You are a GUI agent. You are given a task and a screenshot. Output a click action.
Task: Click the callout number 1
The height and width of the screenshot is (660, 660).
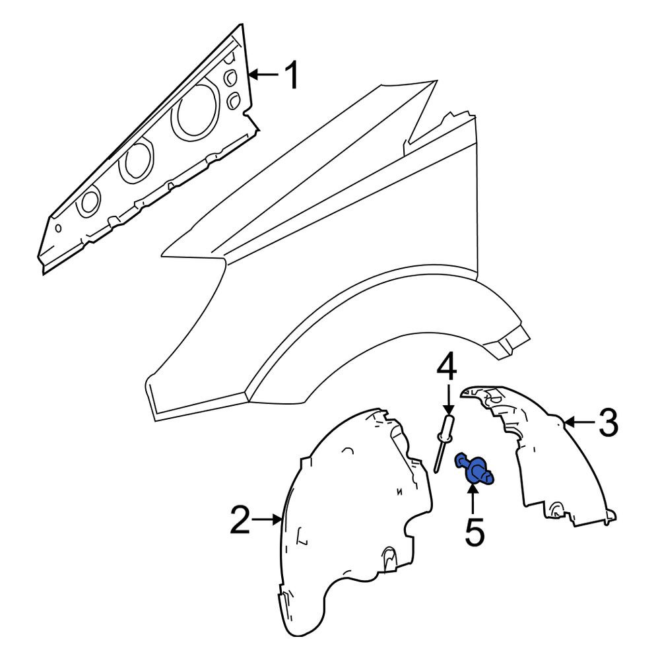(x=291, y=75)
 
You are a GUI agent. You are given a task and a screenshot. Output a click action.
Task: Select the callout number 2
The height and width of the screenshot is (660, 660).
(x=240, y=520)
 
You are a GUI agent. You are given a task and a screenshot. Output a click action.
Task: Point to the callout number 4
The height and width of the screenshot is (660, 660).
(x=447, y=367)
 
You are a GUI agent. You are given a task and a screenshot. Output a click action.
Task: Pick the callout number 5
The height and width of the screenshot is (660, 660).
(x=475, y=533)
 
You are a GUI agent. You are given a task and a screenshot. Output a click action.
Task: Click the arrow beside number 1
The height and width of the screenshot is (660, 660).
(x=263, y=75)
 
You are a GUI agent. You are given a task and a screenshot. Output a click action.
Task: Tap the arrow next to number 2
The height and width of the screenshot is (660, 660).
(x=267, y=520)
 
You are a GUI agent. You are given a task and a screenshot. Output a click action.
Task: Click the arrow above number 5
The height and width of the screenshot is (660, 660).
(x=473, y=499)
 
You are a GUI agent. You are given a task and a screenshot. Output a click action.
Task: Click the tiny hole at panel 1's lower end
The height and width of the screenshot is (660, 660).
(x=59, y=228)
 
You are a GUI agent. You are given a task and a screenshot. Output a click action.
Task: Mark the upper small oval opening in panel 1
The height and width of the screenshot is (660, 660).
(x=231, y=77)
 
